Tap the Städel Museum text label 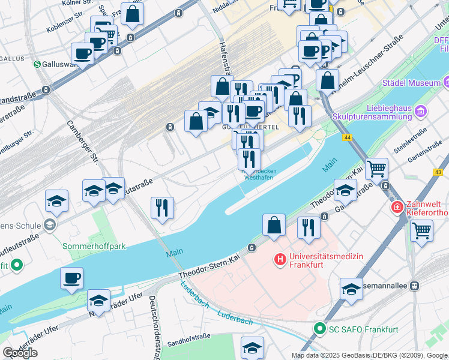tap(411, 82)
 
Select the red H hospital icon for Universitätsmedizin tap(279, 260)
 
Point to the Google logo tap(20, 353)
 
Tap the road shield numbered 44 tap(348, 137)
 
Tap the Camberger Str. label tap(82, 142)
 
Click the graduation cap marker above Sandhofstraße tap(252, 347)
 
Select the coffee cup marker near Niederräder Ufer tap(71, 278)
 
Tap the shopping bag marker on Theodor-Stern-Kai tap(274, 226)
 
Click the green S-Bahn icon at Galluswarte tap(37, 64)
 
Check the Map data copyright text tap(369, 355)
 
